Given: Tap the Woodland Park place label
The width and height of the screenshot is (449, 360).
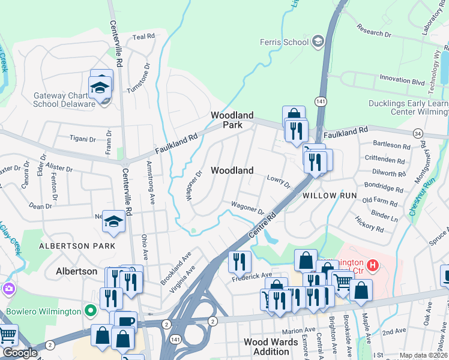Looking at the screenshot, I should [x=232, y=120].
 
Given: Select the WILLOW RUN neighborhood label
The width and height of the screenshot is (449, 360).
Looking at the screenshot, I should [x=330, y=196].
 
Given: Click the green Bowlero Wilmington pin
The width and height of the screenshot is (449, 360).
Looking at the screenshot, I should [x=91, y=311].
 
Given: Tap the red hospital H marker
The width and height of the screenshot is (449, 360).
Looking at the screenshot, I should [x=373, y=264].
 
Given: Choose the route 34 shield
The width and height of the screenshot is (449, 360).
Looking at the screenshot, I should [x=417, y=133].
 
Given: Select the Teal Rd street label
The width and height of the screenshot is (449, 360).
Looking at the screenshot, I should [x=143, y=37].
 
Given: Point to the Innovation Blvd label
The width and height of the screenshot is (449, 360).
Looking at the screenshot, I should [x=402, y=79].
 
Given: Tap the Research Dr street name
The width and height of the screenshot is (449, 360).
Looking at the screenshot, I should [x=373, y=31].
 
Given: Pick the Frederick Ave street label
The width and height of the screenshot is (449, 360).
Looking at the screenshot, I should [x=252, y=276].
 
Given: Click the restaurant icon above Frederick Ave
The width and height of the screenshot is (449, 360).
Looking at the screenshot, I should [x=240, y=261].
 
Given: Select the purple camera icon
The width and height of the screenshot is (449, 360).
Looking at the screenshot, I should [x=8, y=290].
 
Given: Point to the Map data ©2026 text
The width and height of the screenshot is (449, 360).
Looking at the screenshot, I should [x=423, y=355].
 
